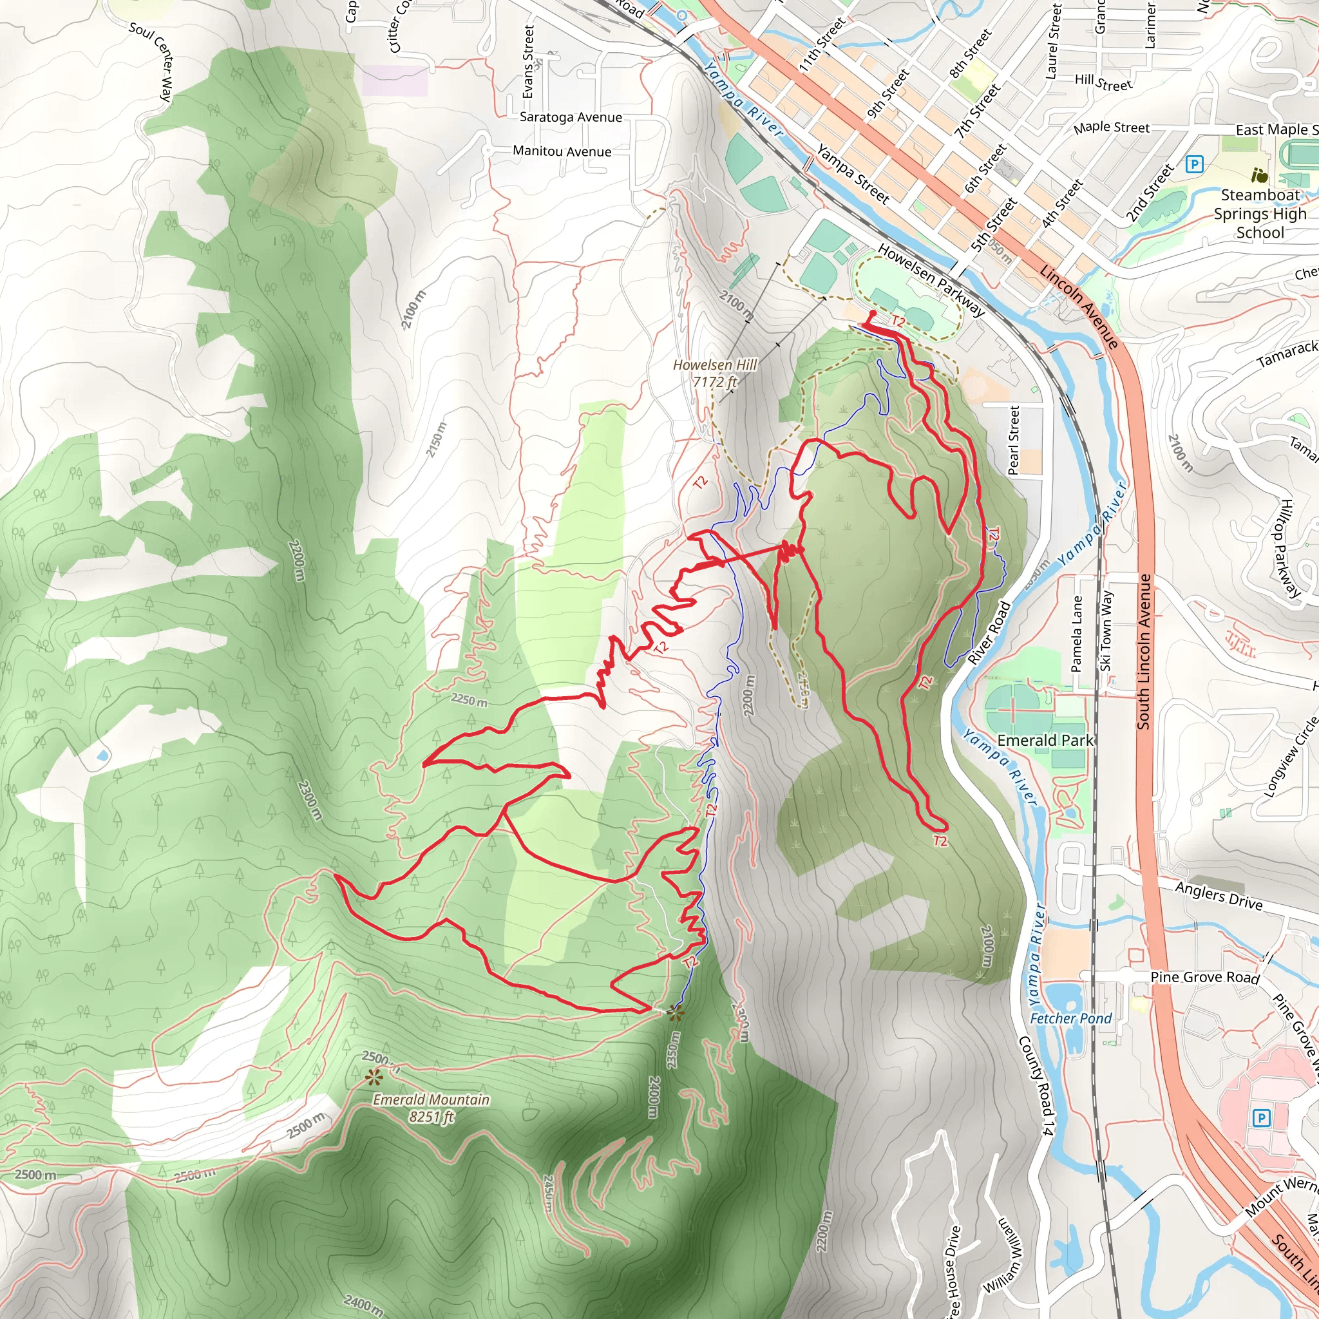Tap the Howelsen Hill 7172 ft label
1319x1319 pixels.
[715, 374]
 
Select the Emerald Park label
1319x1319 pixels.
[1045, 741]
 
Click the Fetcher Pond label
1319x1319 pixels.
[1070, 1019]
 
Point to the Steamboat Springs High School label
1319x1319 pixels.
[1260, 214]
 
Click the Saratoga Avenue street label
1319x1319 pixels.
[571, 117]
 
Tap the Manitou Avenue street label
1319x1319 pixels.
[562, 151]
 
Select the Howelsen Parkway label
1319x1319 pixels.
[931, 280]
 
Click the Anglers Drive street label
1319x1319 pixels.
[1219, 896]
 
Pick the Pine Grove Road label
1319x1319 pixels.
[1204, 978]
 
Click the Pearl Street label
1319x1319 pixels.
[1014, 441]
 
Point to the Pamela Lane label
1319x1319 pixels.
[1077, 634]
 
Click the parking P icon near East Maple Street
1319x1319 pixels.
[1194, 164]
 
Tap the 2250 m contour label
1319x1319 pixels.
[469, 701]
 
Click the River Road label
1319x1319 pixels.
[989, 633]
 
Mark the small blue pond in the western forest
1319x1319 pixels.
[102, 755]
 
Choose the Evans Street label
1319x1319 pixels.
[527, 61]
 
